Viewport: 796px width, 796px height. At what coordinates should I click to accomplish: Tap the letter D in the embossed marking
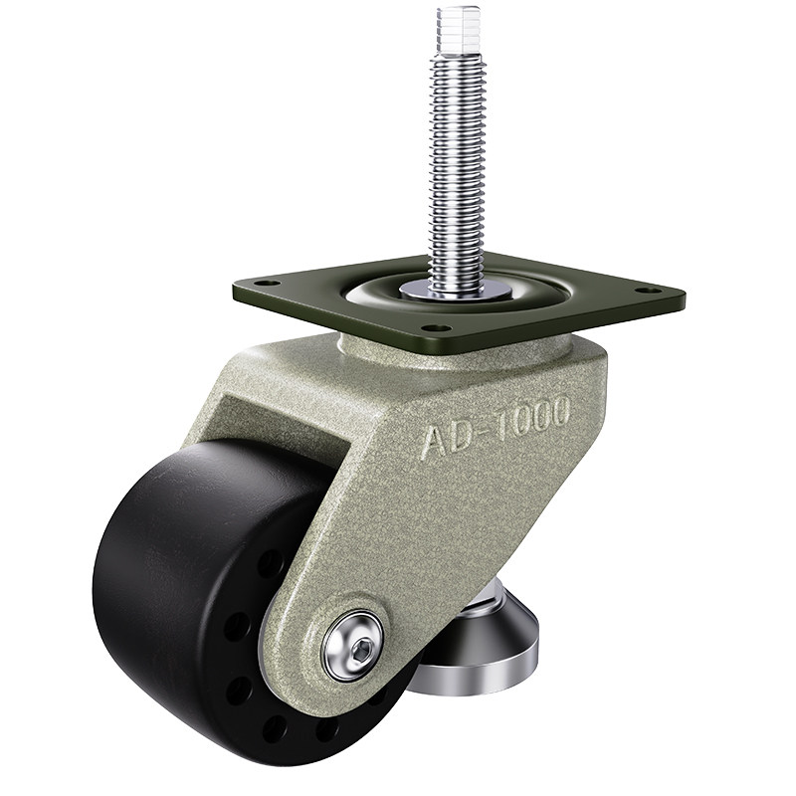tap(467, 437)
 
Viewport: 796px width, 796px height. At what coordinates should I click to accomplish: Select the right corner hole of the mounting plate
tap(649, 291)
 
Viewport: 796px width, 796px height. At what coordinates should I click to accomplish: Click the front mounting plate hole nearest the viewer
tap(432, 328)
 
